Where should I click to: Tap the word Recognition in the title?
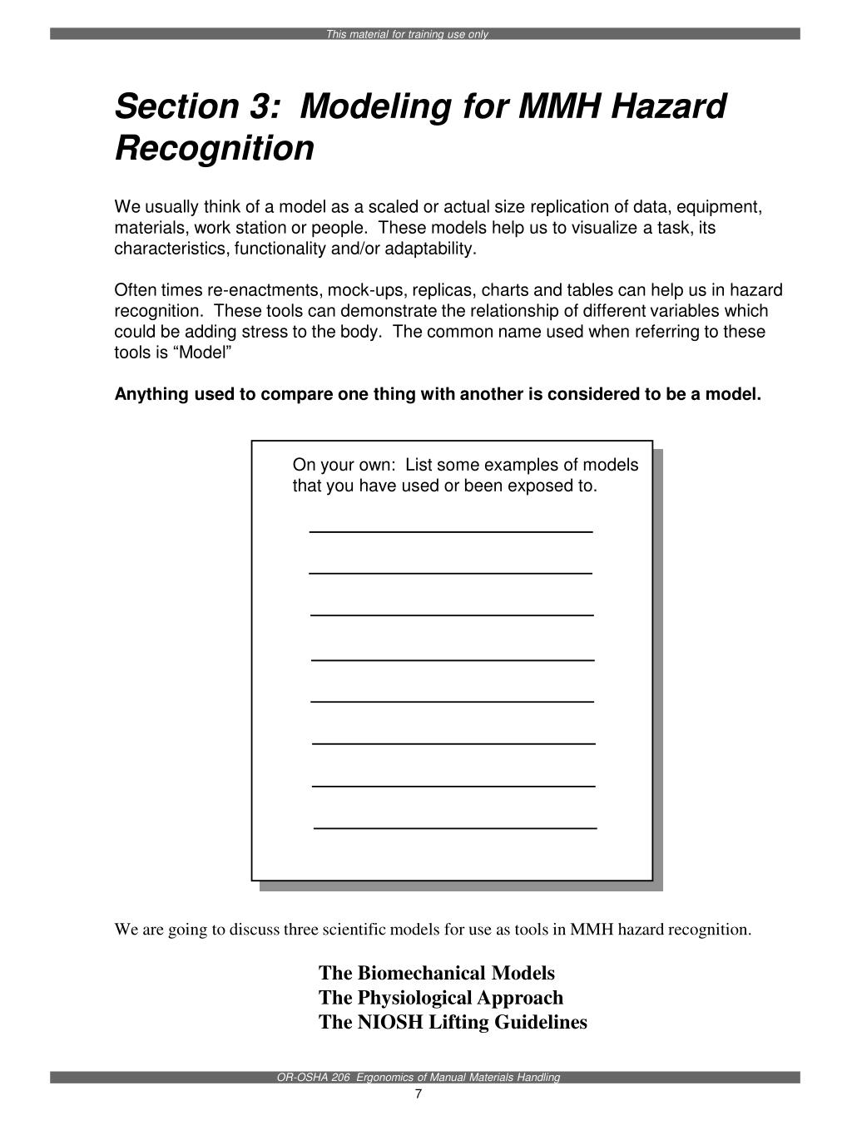215,149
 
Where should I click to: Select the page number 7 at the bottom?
419,1094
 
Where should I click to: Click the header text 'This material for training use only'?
407,34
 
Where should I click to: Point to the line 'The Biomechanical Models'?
436,973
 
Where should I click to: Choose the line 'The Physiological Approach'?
440,998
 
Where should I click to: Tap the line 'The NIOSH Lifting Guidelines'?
453,1022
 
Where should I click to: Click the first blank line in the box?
450,530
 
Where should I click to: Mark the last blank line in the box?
455,828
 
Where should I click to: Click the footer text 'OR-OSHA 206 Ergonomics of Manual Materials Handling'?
419,1078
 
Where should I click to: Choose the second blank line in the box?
450,573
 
